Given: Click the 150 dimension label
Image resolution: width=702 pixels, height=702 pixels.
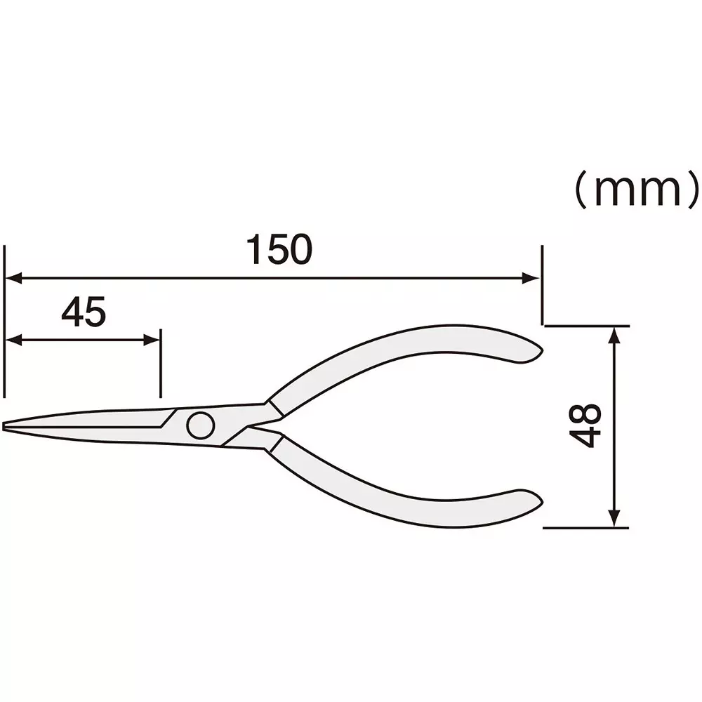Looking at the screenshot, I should coord(279,250).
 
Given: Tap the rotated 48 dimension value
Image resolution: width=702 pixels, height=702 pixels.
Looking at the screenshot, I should coord(585,425).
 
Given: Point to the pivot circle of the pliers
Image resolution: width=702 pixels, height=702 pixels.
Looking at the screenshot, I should coord(200,425).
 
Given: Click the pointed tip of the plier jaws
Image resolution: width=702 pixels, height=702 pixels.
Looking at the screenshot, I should coord(6,426).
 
